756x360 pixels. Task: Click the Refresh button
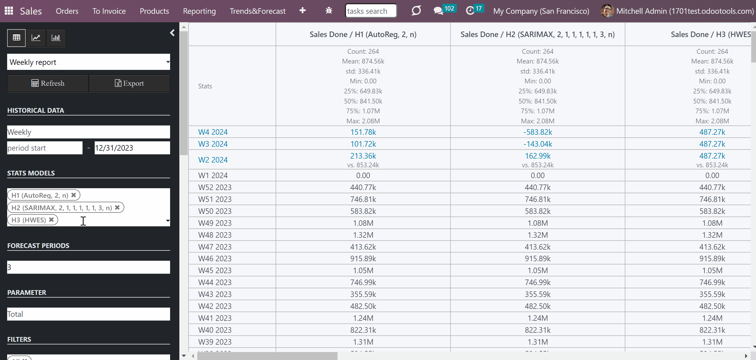[48, 83]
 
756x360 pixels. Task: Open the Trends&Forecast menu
[257, 11]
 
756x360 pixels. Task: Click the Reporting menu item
[199, 11]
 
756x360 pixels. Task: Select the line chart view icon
[36, 38]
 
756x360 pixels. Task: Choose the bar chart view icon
[56, 38]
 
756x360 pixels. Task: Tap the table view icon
[16, 38]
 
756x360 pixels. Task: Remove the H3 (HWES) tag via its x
[51, 220]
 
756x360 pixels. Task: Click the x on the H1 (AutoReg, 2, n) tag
[74, 195]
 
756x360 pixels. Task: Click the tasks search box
[371, 11]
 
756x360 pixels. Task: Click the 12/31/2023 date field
[132, 148]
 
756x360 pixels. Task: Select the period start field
[45, 148]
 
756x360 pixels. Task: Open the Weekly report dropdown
[88, 62]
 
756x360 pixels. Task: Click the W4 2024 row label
[213, 132]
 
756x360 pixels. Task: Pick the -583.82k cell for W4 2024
[538, 132]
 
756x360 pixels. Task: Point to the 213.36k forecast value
[363, 156]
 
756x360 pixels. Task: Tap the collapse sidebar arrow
[172, 33]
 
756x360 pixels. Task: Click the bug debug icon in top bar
[329, 11]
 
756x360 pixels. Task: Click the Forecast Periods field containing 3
[88, 267]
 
